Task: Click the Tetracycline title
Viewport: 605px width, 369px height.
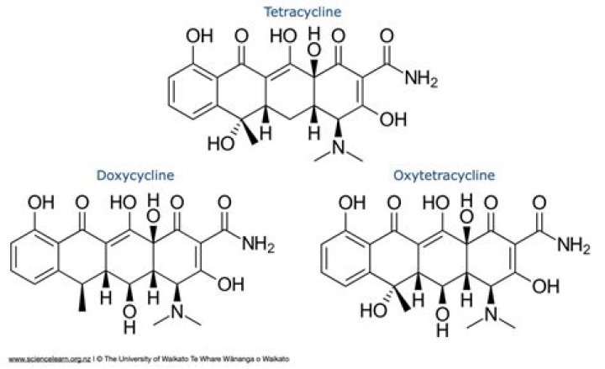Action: tap(302, 12)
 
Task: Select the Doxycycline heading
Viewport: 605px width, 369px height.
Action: tap(135, 175)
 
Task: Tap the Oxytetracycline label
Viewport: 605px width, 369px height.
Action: tap(444, 175)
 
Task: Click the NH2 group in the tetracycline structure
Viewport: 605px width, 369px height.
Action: tap(421, 79)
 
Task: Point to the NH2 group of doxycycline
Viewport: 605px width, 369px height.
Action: tap(258, 245)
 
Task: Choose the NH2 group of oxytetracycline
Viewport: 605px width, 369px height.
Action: tap(574, 245)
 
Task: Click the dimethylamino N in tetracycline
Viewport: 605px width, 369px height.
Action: tap(339, 147)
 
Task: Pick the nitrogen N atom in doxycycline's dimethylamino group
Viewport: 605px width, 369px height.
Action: tap(177, 312)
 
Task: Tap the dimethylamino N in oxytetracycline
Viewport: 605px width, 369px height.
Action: tap(492, 314)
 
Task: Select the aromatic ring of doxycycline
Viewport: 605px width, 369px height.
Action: tap(35, 257)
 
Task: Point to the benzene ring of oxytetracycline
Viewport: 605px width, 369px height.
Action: tap(345, 258)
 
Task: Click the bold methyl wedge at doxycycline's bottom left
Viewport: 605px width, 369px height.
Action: tap(82, 298)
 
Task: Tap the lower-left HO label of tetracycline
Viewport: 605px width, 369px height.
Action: tap(221, 144)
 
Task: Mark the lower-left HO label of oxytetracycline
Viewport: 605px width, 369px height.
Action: tap(373, 310)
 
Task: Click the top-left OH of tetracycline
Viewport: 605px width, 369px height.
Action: tap(199, 36)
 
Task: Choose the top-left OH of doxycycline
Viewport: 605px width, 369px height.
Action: tap(41, 203)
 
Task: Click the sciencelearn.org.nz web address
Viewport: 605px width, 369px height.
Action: tap(50, 360)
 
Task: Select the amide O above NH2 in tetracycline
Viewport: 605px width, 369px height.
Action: tap(387, 36)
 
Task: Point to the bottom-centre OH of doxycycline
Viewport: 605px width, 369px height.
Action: tap(129, 319)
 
